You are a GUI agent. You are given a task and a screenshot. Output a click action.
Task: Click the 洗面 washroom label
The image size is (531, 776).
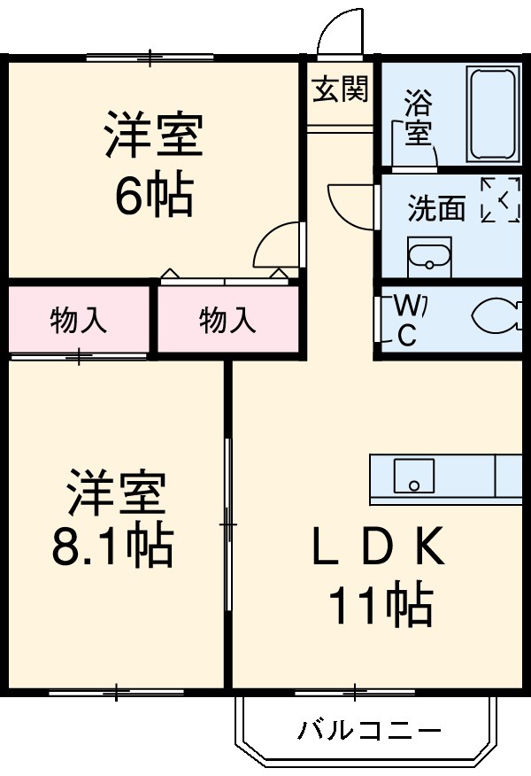pos(435,208)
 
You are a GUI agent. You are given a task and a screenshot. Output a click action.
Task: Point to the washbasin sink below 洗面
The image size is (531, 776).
pos(428,260)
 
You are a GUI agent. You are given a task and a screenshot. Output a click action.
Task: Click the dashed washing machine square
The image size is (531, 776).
pos(501,200)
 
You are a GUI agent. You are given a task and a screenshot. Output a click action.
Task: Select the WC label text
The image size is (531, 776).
pos(407,320)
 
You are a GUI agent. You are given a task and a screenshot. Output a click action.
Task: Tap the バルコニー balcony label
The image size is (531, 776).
pos(368,731)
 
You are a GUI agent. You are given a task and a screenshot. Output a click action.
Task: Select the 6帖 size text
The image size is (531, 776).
pos(153,197)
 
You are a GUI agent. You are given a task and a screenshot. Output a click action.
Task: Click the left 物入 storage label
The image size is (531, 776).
pos(79,320)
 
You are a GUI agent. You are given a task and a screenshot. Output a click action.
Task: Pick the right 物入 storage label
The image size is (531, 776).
pos(227,320)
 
